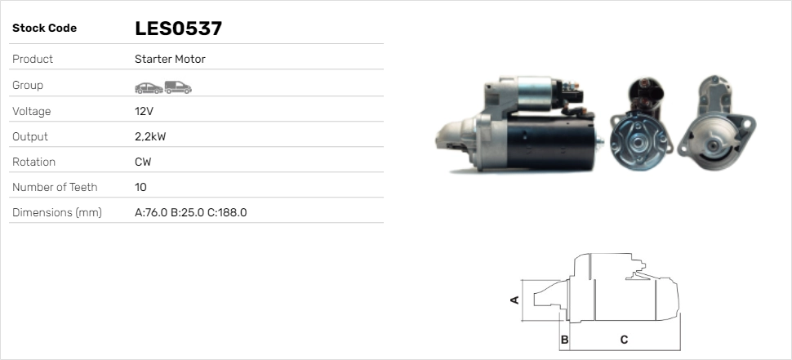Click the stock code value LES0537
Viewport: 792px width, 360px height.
178,29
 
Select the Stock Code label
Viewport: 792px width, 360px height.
44,29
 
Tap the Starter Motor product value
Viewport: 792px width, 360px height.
170,60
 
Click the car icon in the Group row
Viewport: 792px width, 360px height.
148,87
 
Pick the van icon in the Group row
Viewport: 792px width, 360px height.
177,87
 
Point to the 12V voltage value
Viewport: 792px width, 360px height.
145,111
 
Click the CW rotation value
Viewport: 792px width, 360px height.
143,162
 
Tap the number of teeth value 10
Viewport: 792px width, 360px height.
140,187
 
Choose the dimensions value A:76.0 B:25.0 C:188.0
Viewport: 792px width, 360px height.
190,212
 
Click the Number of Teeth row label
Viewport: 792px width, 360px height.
55,187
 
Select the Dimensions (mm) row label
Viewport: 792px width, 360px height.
56,212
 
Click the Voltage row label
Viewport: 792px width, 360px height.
32,111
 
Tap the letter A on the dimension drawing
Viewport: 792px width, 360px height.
514,300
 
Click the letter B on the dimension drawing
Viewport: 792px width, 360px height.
563,339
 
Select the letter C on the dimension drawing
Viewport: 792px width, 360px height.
624,339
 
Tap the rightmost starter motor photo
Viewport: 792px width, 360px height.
719,124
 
